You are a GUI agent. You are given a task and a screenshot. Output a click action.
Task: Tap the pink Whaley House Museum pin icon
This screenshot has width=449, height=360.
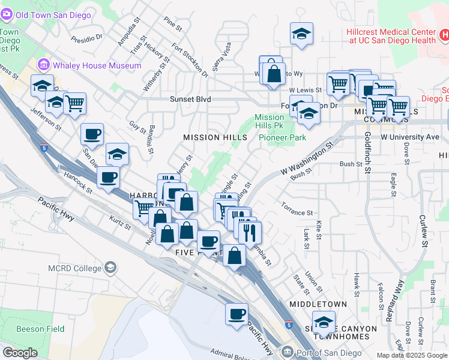(x=43, y=64)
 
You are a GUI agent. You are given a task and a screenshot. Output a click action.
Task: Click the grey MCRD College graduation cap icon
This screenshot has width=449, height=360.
(x=110, y=267)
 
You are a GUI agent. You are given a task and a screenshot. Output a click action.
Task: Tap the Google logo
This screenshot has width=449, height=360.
(x=20, y=353)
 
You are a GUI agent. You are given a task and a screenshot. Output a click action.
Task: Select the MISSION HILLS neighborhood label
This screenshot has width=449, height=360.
(x=215, y=137)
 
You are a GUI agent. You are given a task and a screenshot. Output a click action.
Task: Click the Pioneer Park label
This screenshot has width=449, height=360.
(x=283, y=137)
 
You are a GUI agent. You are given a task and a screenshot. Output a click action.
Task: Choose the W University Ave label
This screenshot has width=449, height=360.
(x=410, y=137)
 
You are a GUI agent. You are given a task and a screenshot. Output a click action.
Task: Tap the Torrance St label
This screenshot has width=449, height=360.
(x=297, y=212)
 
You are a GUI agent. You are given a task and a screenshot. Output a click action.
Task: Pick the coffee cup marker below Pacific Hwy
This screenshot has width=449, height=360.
(x=237, y=314)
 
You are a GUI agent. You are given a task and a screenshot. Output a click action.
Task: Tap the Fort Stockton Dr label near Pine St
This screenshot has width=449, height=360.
(x=190, y=60)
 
